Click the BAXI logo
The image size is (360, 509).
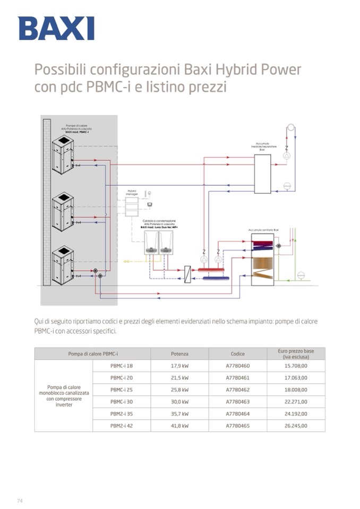click(56, 28)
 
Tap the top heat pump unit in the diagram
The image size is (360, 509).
click(63, 152)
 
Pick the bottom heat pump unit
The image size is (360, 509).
click(63, 260)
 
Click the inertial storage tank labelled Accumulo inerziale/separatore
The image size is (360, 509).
click(262, 174)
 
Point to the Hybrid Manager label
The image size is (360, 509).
click(132, 192)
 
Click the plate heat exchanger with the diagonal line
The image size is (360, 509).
click(187, 274)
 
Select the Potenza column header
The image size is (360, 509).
click(179, 353)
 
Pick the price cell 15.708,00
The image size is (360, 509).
click(296, 366)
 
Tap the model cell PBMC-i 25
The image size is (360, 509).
click(122, 390)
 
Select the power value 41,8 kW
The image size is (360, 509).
click(179, 426)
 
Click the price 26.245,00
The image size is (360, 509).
click(296, 426)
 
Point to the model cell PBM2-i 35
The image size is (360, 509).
click(122, 413)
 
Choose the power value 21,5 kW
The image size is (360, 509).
click(179, 378)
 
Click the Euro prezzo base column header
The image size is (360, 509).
click(296, 353)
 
